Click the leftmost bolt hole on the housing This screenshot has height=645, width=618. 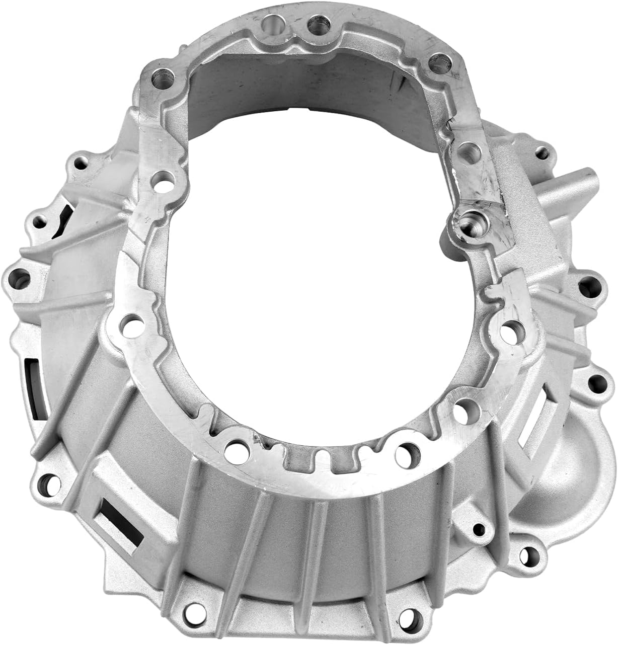point(18,276)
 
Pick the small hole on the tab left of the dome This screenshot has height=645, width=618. point(480,529)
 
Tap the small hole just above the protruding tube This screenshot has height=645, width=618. point(542,150)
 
